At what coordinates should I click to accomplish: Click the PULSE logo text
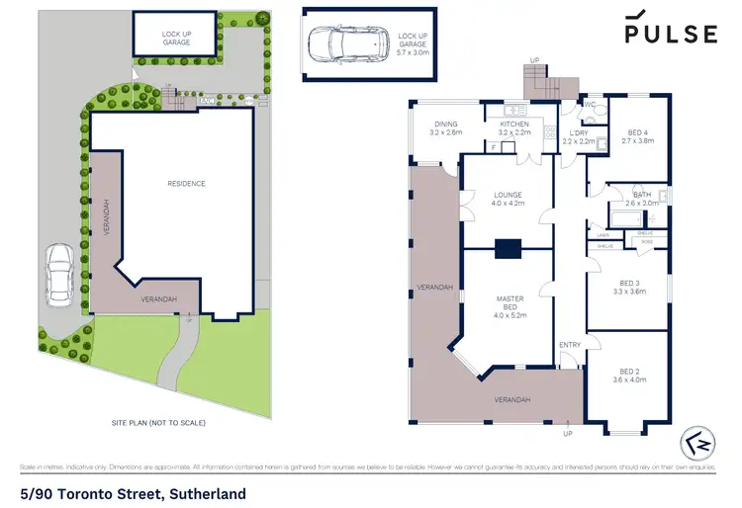[670, 34]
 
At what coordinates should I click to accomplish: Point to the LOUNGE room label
[508, 199]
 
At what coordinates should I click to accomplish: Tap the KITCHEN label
[514, 127]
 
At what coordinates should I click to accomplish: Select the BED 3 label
[629, 287]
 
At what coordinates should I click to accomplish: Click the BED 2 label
[629, 375]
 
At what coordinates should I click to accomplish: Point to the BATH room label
[641, 199]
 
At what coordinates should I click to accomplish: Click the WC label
[588, 104]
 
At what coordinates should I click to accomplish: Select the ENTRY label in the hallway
[570, 345]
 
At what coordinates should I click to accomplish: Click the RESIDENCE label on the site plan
[185, 183]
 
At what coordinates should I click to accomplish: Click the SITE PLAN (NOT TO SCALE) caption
[157, 423]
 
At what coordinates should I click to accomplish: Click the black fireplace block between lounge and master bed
[508, 250]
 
